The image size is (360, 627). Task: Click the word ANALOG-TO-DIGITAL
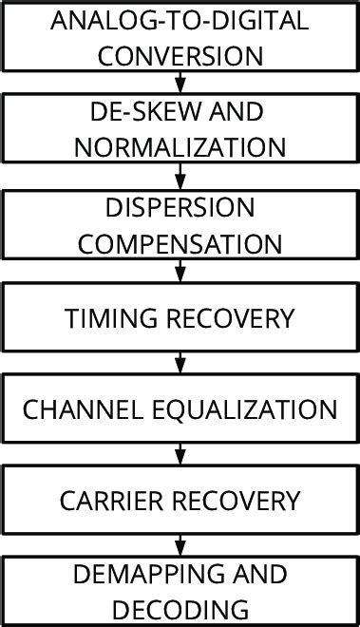tap(180, 22)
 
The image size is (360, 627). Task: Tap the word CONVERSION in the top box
tap(180, 56)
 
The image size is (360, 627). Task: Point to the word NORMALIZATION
tap(180, 147)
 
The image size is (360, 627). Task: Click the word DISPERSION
tap(180, 206)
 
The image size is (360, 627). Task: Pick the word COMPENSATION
tap(180, 244)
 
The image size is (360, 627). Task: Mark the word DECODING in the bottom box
tap(180, 608)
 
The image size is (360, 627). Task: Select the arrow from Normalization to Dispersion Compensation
tap(180, 176)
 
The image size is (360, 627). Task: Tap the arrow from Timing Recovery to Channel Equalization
tap(180, 364)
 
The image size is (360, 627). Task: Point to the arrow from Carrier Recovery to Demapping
tap(180, 547)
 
